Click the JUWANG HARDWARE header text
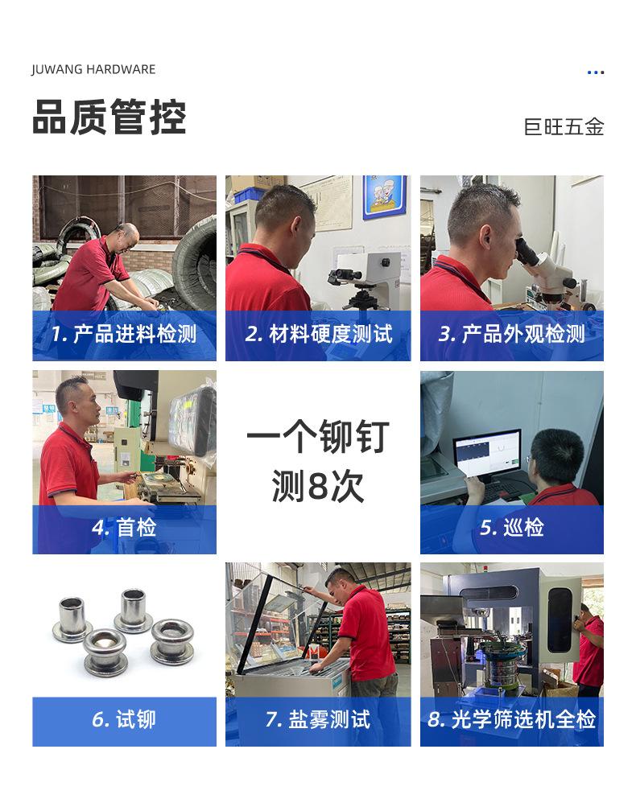(x=93, y=69)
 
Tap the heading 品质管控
(x=109, y=117)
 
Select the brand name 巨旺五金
(x=564, y=127)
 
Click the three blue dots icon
(x=595, y=72)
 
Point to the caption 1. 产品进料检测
(x=124, y=335)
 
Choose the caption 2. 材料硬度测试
(x=318, y=335)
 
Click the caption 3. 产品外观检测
(x=511, y=335)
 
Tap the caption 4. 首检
(x=124, y=528)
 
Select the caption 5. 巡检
(x=511, y=528)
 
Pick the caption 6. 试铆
(x=124, y=719)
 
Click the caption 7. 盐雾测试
(x=318, y=719)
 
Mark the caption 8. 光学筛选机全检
(x=511, y=719)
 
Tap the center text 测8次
(x=318, y=486)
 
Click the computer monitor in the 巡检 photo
(x=486, y=455)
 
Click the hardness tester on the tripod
(x=354, y=278)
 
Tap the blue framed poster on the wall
(x=384, y=197)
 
